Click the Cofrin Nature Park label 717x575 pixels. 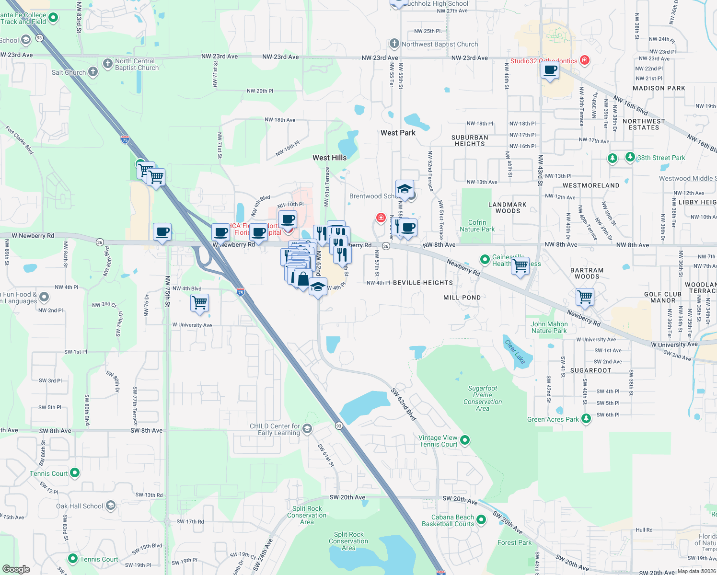click(477, 226)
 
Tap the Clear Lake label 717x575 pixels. click(515, 352)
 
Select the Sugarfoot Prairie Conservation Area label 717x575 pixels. click(483, 398)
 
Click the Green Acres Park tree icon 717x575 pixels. click(586, 419)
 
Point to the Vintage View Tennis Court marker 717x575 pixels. click(464, 440)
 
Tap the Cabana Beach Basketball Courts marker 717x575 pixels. click(481, 520)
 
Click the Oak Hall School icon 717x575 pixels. click(110, 506)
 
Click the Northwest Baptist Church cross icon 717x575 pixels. click(394, 44)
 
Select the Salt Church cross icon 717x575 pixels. click(93, 72)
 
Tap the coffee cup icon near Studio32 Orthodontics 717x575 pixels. click(550, 71)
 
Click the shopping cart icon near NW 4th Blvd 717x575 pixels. click(199, 303)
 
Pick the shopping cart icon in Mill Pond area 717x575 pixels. click(585, 297)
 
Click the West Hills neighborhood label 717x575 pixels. click(329, 158)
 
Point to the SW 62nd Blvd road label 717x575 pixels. click(403, 404)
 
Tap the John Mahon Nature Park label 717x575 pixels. click(549, 327)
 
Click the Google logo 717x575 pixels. click(16, 569)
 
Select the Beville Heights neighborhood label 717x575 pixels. click(423, 283)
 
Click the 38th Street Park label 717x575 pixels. click(661, 158)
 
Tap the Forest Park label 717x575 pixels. click(514, 542)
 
